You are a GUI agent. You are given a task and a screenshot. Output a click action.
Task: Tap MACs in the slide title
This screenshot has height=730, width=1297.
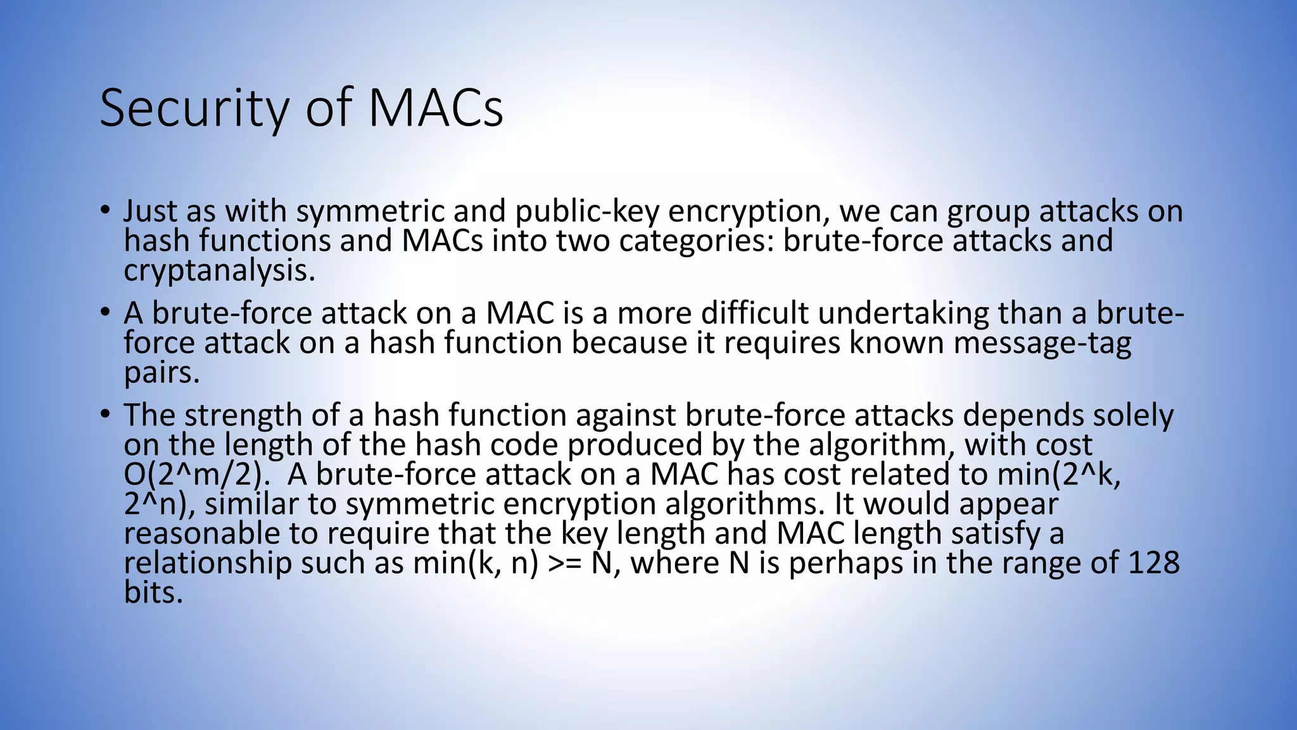pos(436,108)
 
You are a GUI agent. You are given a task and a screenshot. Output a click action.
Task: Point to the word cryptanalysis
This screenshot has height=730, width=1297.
pos(219,271)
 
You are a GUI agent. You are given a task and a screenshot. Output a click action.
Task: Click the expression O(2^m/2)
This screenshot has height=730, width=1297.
pos(193,475)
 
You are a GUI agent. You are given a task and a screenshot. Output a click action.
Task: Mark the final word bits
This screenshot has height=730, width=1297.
pos(153,593)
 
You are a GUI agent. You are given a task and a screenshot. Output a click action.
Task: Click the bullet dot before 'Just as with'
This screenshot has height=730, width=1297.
pos(105,210)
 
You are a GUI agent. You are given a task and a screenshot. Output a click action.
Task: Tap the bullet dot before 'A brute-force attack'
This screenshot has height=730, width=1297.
pos(105,312)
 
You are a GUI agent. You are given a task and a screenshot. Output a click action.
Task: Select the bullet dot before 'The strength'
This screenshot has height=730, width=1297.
pos(105,414)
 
